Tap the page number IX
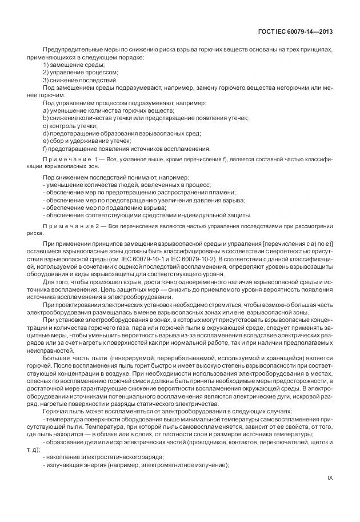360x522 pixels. coord(330,477)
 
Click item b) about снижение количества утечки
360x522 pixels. coord(145,118)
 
